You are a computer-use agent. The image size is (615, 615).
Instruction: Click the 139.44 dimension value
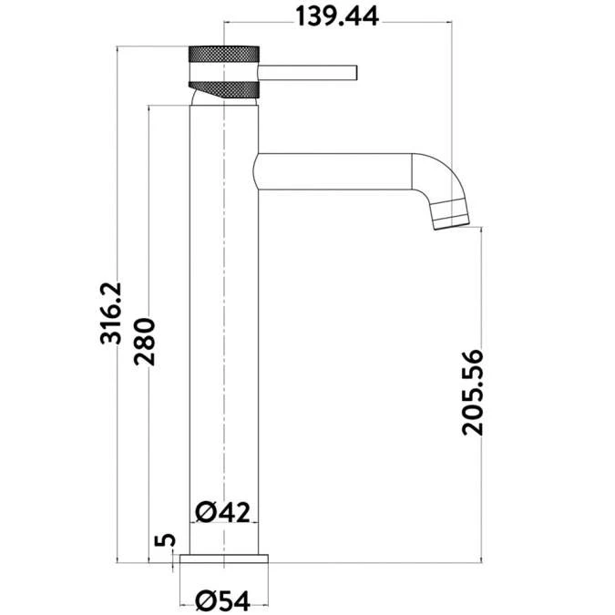(337, 16)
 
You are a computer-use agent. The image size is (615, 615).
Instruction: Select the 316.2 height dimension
(111, 313)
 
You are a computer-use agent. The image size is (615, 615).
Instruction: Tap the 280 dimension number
(144, 342)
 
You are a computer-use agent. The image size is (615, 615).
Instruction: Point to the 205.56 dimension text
(473, 392)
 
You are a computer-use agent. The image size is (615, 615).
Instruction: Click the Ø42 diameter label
(222, 512)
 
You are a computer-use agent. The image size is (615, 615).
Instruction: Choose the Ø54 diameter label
(222, 601)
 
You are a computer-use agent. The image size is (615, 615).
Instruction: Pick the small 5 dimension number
(165, 540)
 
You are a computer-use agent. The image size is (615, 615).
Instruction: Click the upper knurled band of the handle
(223, 54)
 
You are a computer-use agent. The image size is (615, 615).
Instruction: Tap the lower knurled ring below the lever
(223, 89)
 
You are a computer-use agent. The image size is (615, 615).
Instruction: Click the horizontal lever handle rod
(308, 73)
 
